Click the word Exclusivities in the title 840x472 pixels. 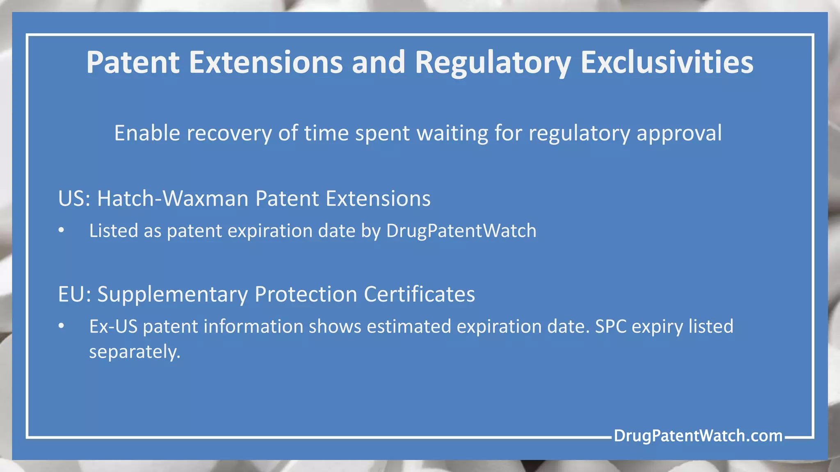[667, 63]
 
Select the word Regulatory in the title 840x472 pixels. [493, 63]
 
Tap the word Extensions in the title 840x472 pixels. [265, 63]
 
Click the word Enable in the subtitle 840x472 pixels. [147, 133]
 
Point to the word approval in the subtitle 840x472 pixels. [679, 133]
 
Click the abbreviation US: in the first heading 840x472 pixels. [74, 199]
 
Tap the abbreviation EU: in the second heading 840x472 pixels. [74, 294]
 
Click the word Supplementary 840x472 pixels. [172, 294]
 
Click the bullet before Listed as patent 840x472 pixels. [61, 230]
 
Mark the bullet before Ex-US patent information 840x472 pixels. [61, 326]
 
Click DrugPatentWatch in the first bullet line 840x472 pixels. [461, 231]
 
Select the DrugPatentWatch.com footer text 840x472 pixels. [698, 436]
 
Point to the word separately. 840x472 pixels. [135, 352]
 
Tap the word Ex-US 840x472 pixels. [113, 327]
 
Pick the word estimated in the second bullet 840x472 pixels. [409, 327]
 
